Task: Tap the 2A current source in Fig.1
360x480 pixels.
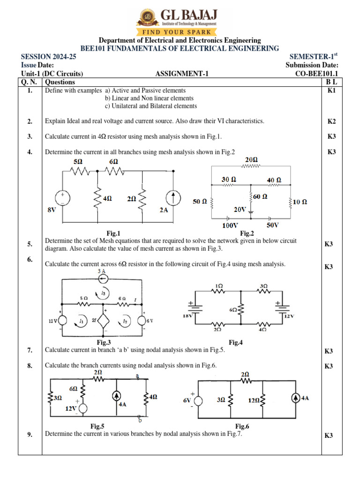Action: pyautogui.click(x=174, y=198)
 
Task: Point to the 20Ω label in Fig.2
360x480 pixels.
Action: pyautogui.click(x=252, y=160)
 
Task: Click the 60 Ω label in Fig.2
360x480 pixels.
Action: pyautogui.click(x=261, y=197)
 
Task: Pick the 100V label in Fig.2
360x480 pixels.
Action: pyautogui.click(x=230, y=225)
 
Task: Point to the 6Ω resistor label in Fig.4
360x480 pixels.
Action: pyautogui.click(x=233, y=310)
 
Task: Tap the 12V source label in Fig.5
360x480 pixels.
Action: pyautogui.click(x=71, y=408)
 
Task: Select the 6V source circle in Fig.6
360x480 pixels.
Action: pyautogui.click(x=199, y=401)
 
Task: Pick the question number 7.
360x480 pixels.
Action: pyautogui.click(x=30, y=350)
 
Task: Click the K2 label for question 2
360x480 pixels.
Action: pyautogui.click(x=332, y=121)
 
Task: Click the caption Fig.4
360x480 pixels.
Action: pyautogui.click(x=236, y=343)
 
